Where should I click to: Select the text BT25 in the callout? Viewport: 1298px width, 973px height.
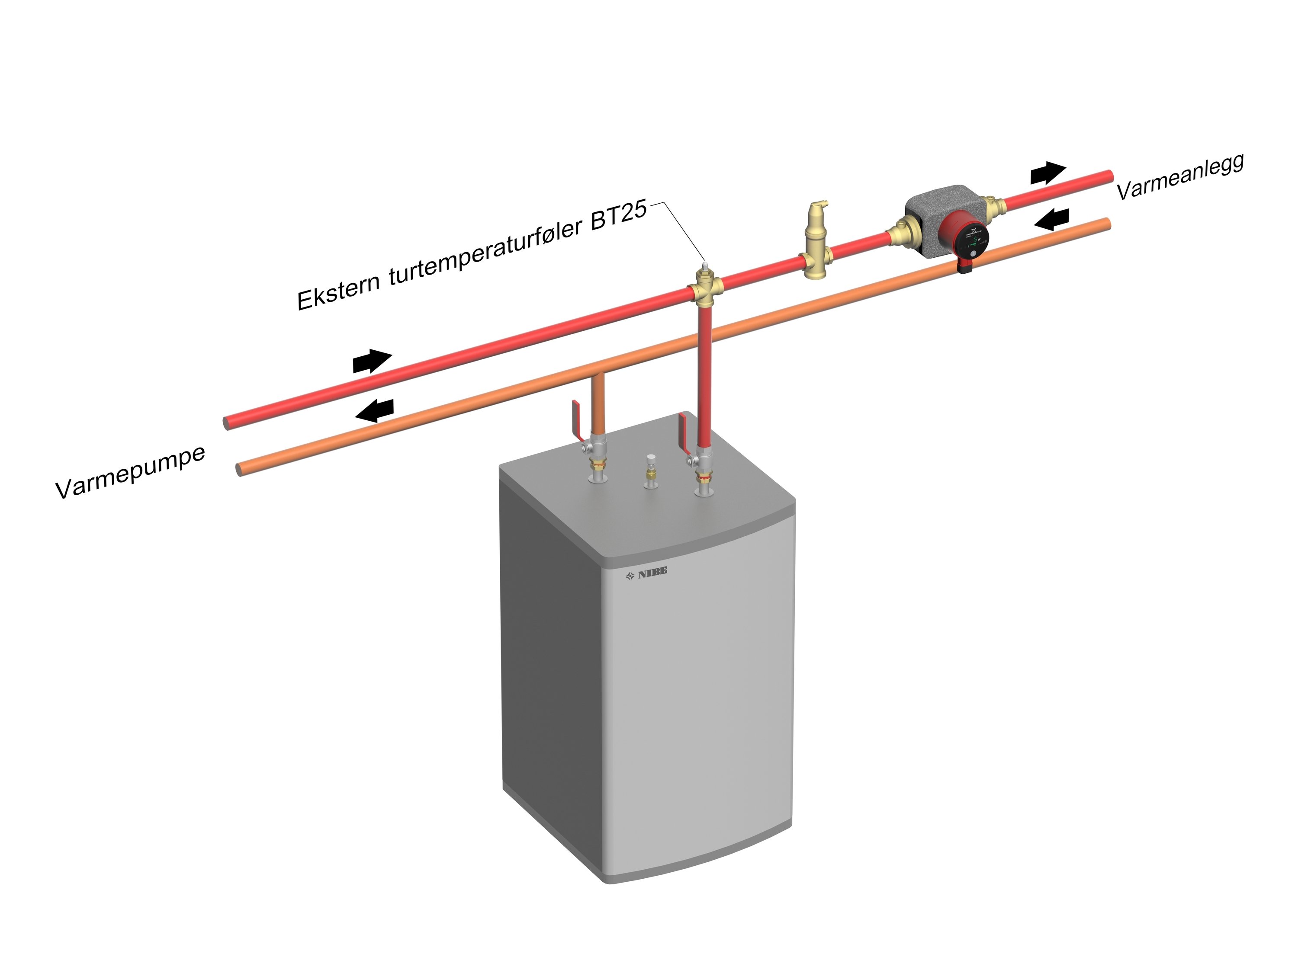click(x=619, y=215)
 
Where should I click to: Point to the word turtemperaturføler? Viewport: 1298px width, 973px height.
click(x=485, y=251)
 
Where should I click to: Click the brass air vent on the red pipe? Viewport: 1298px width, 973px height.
click(x=814, y=240)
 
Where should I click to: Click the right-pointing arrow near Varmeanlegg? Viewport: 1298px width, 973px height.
click(x=1047, y=173)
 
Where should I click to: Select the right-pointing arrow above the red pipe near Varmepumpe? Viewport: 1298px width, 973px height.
click(x=371, y=360)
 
